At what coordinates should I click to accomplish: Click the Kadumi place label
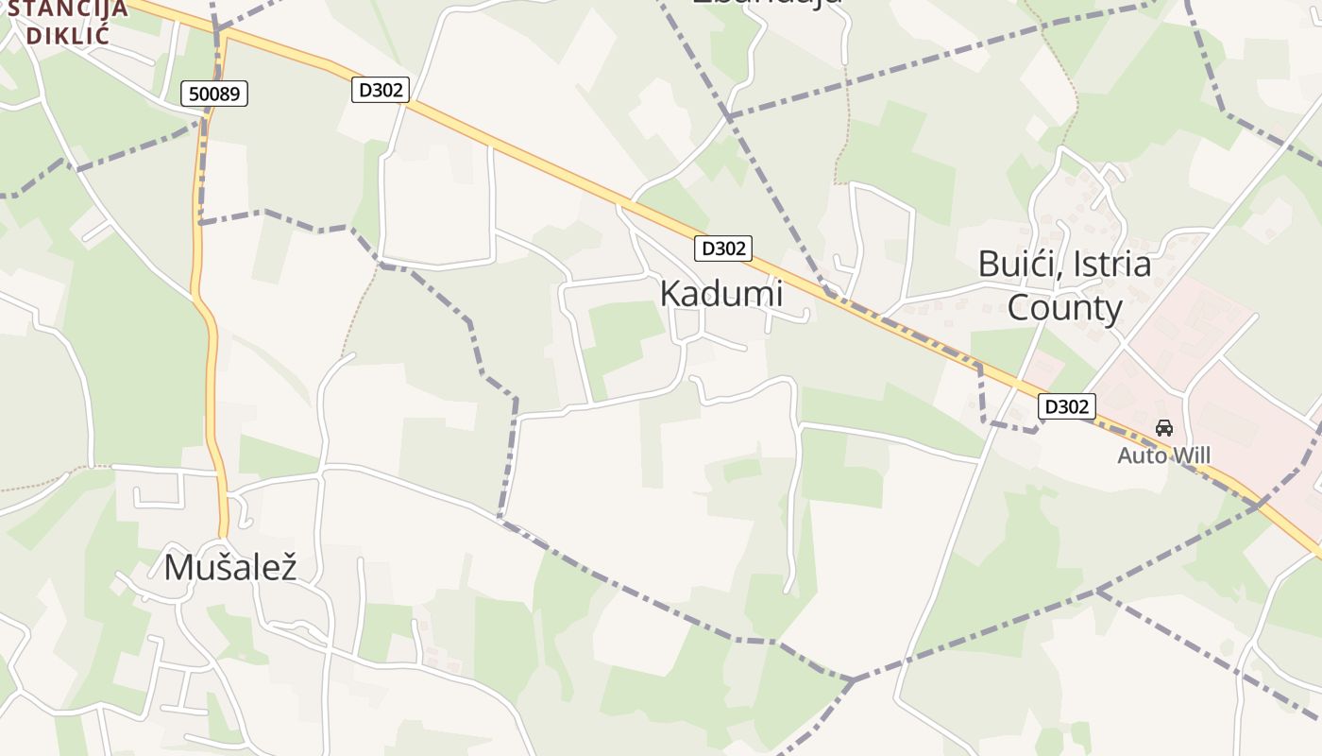point(721,294)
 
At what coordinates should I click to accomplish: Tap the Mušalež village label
point(230,567)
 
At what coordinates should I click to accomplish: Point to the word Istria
point(1110,265)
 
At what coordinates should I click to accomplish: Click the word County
point(1064,308)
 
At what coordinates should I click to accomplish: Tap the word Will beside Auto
point(1191,455)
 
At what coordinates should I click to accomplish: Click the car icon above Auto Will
point(1164,428)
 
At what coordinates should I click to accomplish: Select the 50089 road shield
point(214,94)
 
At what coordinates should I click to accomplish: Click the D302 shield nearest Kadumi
point(723,249)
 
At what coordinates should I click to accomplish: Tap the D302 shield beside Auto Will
point(1067,406)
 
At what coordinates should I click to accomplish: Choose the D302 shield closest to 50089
point(381,90)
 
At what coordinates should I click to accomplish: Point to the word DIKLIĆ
point(68,35)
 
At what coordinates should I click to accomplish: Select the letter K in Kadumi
point(669,294)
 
